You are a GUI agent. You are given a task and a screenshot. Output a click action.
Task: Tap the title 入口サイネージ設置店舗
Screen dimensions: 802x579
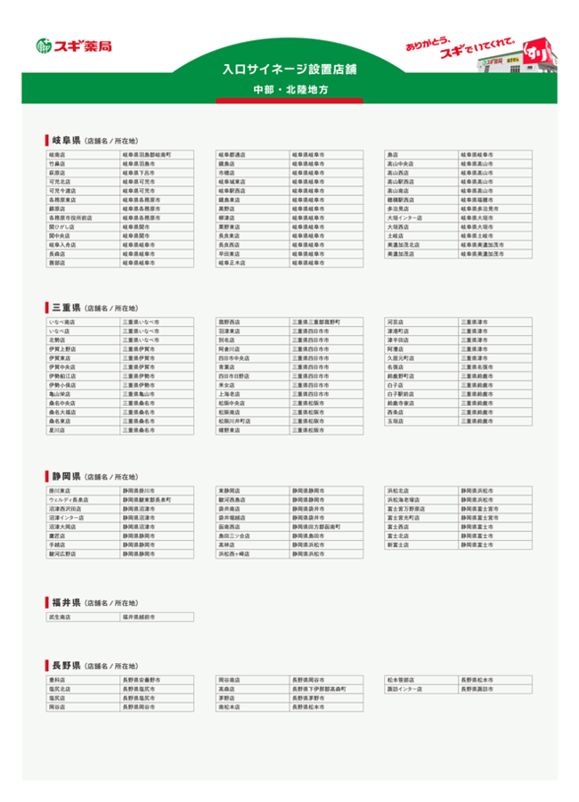pos(289,69)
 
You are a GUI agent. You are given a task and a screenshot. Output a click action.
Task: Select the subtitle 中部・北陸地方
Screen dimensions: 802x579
pos(289,90)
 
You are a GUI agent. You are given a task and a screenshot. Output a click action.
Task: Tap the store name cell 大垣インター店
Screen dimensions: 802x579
pos(404,217)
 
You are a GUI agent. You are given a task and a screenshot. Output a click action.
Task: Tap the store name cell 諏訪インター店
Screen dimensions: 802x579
pos(404,689)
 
